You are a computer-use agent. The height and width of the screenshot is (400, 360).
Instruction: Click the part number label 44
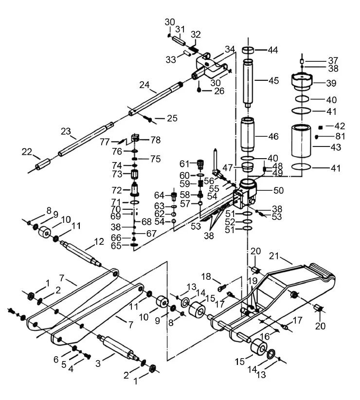pyautogui.click(x=273, y=50)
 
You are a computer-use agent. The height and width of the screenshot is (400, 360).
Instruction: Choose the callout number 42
pyautogui.click(x=339, y=126)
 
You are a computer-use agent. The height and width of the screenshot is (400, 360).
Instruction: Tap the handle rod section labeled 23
pyautogui.click(x=83, y=141)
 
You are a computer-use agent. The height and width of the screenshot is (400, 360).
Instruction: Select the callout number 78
pyautogui.click(x=155, y=140)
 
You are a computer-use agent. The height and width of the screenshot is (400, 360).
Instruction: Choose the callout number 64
pyautogui.click(x=160, y=196)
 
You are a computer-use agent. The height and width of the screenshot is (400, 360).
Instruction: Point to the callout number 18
pyautogui.click(x=206, y=276)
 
